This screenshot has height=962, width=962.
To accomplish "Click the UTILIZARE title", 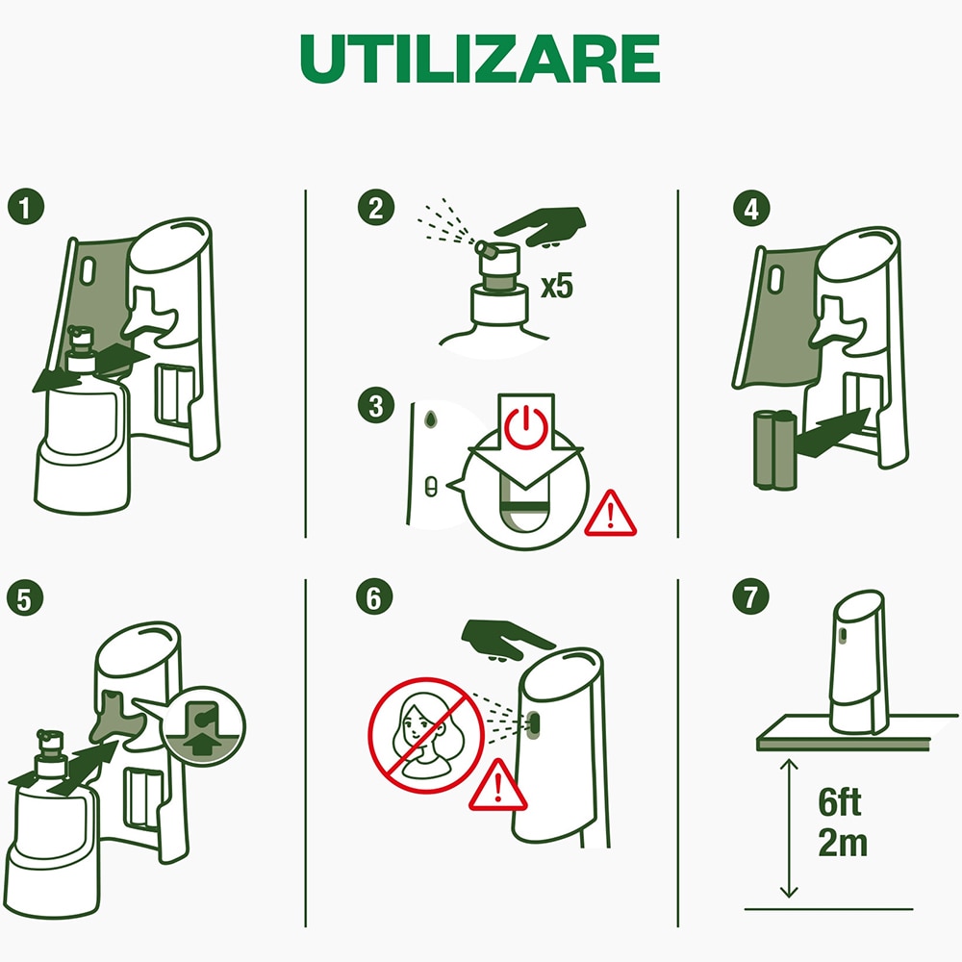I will (480, 60).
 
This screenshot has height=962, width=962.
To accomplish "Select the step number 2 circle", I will (373, 209).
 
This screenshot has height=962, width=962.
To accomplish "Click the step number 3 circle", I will (373, 405).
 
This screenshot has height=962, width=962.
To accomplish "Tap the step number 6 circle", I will (373, 597).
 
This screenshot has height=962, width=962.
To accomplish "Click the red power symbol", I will (524, 428).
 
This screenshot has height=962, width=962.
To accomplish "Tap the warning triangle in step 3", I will (610, 515).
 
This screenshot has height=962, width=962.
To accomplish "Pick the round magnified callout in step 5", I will (204, 723).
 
